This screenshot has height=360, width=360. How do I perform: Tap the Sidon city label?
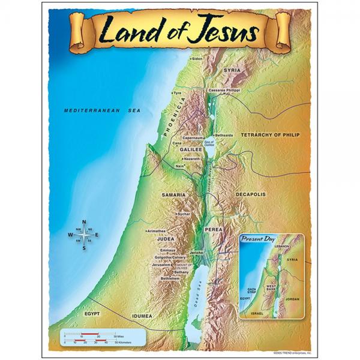click(x=197, y=59)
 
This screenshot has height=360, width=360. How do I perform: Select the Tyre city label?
click(x=177, y=94)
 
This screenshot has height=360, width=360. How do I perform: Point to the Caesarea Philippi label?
click(x=224, y=90)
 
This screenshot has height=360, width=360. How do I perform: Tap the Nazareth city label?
click(x=192, y=158)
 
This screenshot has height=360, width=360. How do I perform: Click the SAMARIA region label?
click(x=173, y=195)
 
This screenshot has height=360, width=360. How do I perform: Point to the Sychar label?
click(x=184, y=214)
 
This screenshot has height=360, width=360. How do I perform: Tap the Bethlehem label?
click(x=170, y=278)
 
